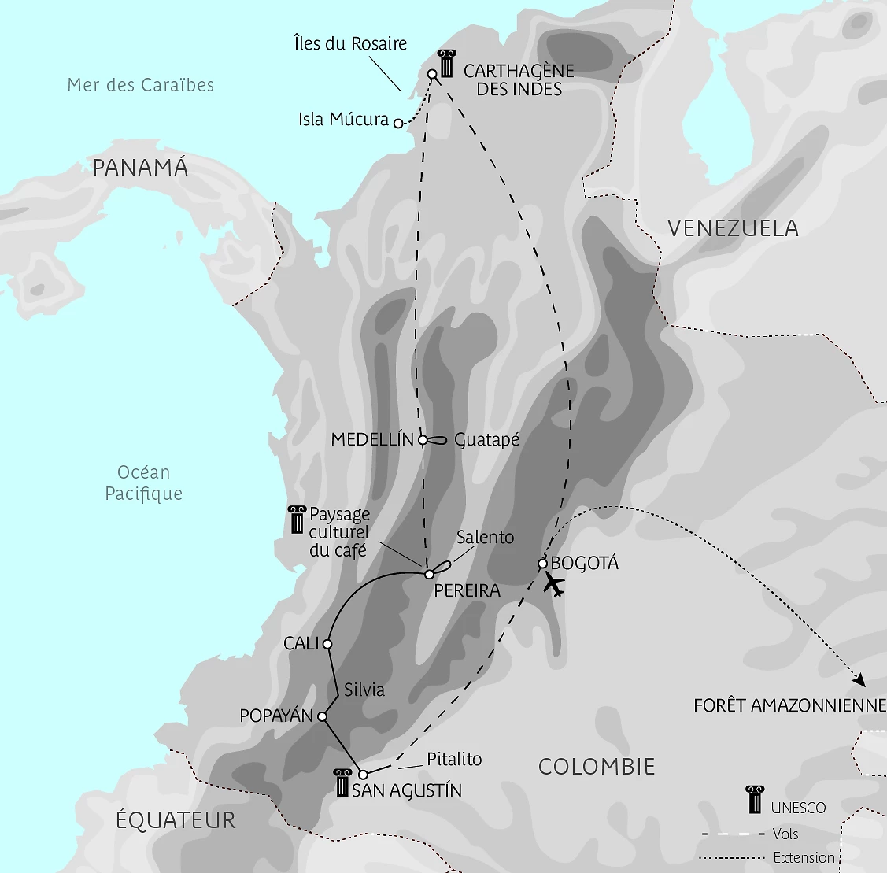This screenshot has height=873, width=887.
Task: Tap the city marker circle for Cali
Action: [x=327, y=644]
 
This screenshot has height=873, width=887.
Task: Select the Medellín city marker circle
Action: [x=423, y=440]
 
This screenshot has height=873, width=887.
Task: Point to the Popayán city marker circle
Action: [x=322, y=716]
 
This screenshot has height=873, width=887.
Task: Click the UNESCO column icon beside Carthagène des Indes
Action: [x=446, y=64]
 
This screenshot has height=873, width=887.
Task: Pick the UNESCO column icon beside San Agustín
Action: [x=342, y=782]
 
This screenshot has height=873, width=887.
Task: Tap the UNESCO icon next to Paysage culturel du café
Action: [x=297, y=520]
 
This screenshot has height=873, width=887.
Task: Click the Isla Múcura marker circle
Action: [x=398, y=124]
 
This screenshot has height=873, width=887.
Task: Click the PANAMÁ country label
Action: [x=140, y=168]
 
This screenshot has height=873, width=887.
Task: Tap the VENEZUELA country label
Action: [x=733, y=228]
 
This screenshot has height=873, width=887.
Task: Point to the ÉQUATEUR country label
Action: [x=176, y=820]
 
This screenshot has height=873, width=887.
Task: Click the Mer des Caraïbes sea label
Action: [x=140, y=85]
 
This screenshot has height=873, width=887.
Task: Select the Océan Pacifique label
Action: [x=143, y=483]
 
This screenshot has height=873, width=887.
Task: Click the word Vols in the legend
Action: [x=785, y=834]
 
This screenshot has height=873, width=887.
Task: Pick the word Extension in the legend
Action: [x=804, y=858]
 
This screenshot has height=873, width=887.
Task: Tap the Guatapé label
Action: [x=487, y=440]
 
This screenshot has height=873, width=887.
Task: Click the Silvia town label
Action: [x=364, y=690]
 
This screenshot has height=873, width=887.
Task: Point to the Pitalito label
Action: [x=454, y=759]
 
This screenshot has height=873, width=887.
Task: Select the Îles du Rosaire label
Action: [x=350, y=43]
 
